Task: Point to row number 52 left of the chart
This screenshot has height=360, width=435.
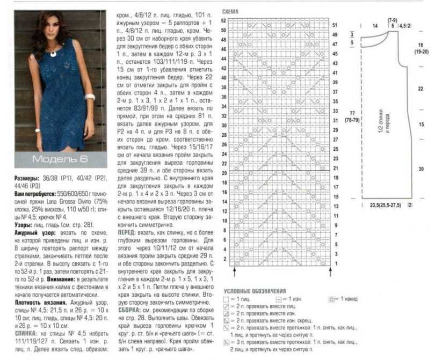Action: point(224,20)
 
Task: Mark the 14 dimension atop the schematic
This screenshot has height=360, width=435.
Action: point(374,26)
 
